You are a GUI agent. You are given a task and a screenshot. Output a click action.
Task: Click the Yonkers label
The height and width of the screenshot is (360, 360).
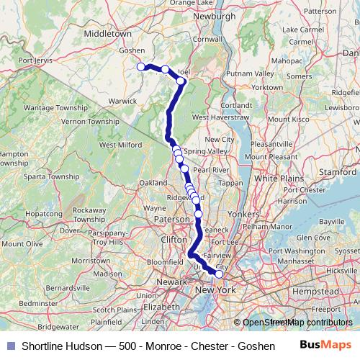coord(241,215)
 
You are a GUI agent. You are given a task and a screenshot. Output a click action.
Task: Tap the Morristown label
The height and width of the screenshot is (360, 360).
coord(91,258)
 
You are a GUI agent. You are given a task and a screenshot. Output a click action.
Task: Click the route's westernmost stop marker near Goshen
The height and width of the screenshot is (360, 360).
coord(141,66)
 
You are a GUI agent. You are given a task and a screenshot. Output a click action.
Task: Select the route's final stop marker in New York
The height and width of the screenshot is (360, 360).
coord(219,274)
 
